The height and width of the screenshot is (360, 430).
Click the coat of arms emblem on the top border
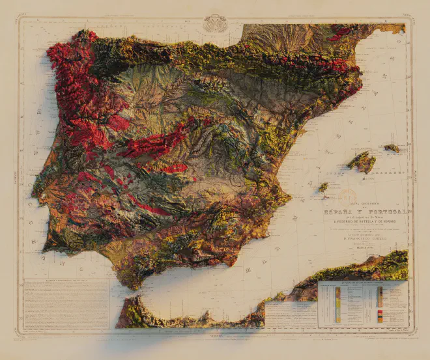tap(215, 23)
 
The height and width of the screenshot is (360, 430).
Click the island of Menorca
tap(392, 148)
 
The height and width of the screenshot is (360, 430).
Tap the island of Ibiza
tap(323, 187)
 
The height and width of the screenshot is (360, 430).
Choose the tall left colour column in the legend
tap(338, 305)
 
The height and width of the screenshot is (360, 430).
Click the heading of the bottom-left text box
tap(66, 281)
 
